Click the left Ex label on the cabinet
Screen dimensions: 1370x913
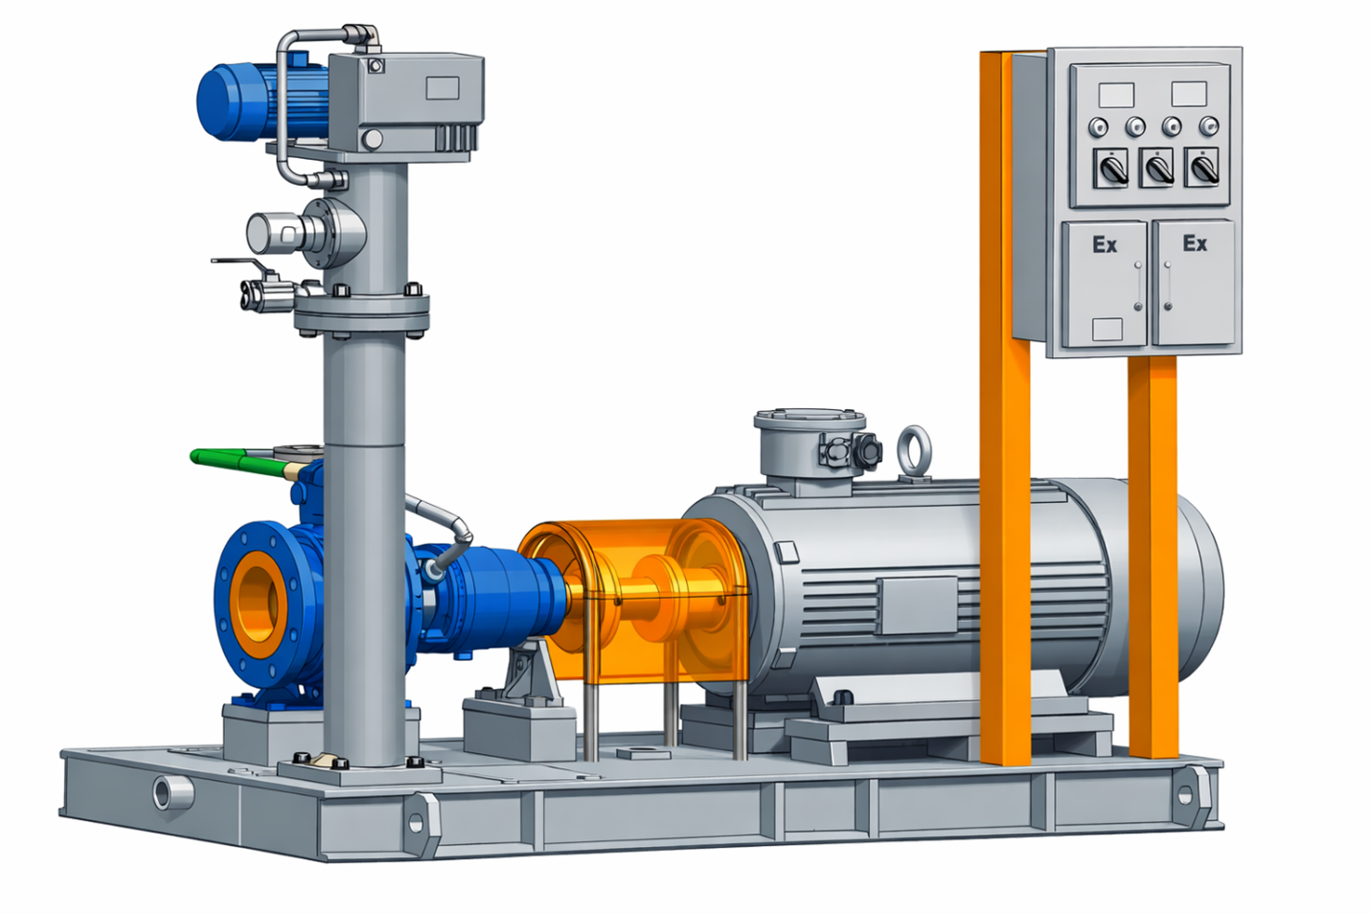pyautogui.click(x=1105, y=244)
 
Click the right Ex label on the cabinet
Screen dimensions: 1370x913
pyautogui.click(x=1195, y=243)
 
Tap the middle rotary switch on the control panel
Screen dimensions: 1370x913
pyautogui.click(x=1157, y=168)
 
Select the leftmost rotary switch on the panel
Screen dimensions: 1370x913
pyautogui.click(x=1110, y=168)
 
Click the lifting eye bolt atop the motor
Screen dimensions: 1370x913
pyautogui.click(x=914, y=450)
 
